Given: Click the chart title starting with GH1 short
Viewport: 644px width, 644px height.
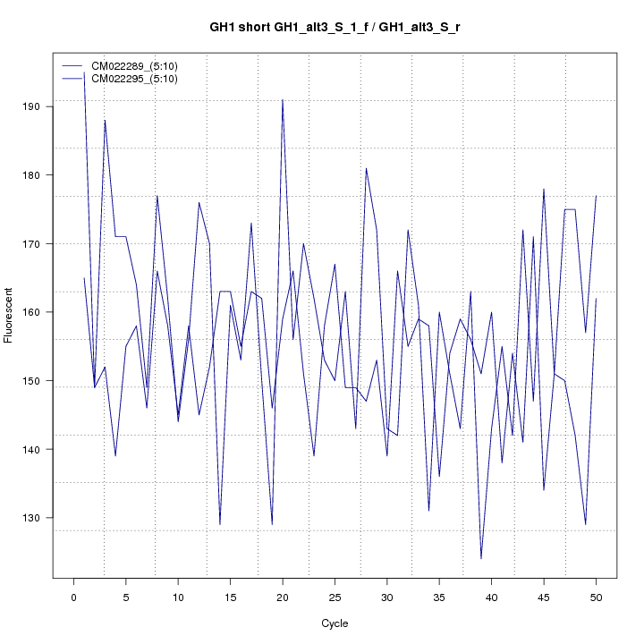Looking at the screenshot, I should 335,28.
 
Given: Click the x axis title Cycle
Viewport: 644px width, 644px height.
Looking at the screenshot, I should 335,623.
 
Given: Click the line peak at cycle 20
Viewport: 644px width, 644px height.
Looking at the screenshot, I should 283,100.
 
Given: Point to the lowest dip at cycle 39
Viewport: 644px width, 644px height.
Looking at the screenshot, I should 481,558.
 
